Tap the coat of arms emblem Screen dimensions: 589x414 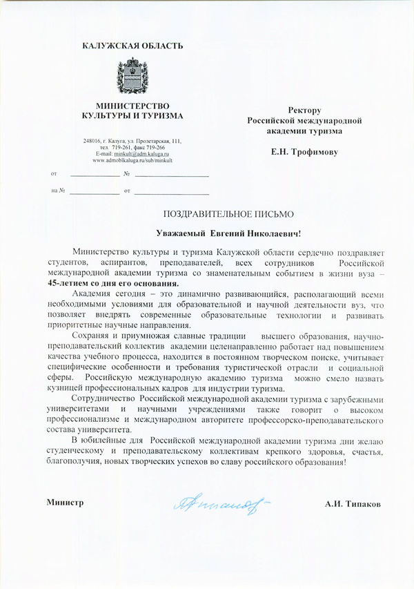(x=132, y=76)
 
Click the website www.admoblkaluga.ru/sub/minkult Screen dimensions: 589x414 (x=132, y=160)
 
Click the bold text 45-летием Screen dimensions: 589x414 (x=68, y=283)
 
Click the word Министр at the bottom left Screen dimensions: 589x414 (x=66, y=503)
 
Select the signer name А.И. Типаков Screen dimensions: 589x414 (x=353, y=504)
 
